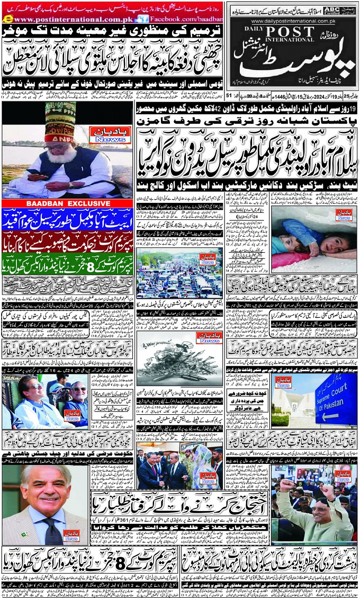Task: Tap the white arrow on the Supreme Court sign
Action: click(x=329, y=414)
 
